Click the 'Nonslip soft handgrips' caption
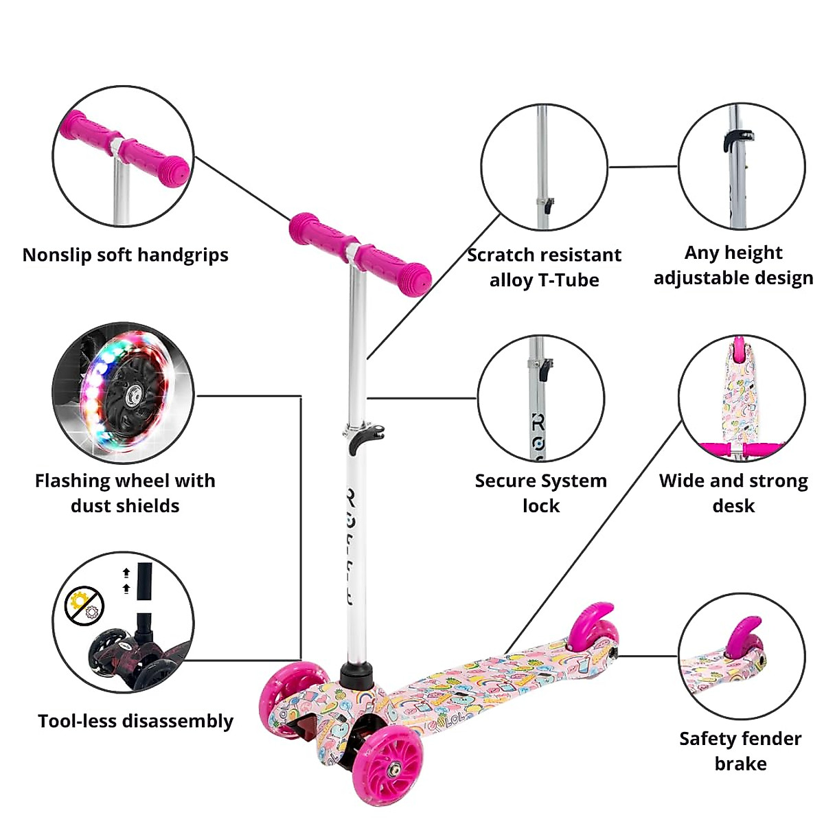coord(125,255)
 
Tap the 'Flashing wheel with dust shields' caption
coord(125,493)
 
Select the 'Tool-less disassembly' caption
coord(135,721)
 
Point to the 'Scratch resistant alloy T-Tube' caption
coord(544,267)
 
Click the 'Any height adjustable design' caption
coord(733,265)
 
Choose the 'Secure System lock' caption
coord(541,493)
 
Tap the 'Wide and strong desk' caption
coord(733,493)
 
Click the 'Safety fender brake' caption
coord(740,751)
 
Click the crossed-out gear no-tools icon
coord(84,606)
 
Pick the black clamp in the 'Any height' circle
coord(732,139)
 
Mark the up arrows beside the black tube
coord(126,580)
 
